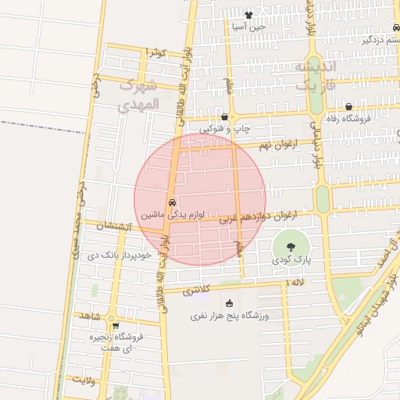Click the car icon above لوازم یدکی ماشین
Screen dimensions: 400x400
tap(172, 202)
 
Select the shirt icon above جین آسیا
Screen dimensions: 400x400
tap(248, 15)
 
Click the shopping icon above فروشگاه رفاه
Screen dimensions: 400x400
tap(348, 107)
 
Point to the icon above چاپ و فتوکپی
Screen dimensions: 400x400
tap(225, 116)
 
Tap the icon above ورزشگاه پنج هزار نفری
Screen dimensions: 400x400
tap(229, 304)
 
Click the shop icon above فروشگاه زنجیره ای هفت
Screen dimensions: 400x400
tap(116, 327)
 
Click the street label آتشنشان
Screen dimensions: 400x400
tap(113, 227)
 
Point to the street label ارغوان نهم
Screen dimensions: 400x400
tap(277, 145)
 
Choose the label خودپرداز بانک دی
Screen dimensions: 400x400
tap(113, 255)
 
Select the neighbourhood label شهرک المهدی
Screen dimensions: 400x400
tap(140, 94)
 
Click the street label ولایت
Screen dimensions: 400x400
tap(84, 379)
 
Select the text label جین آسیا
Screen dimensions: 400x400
tap(248, 27)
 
